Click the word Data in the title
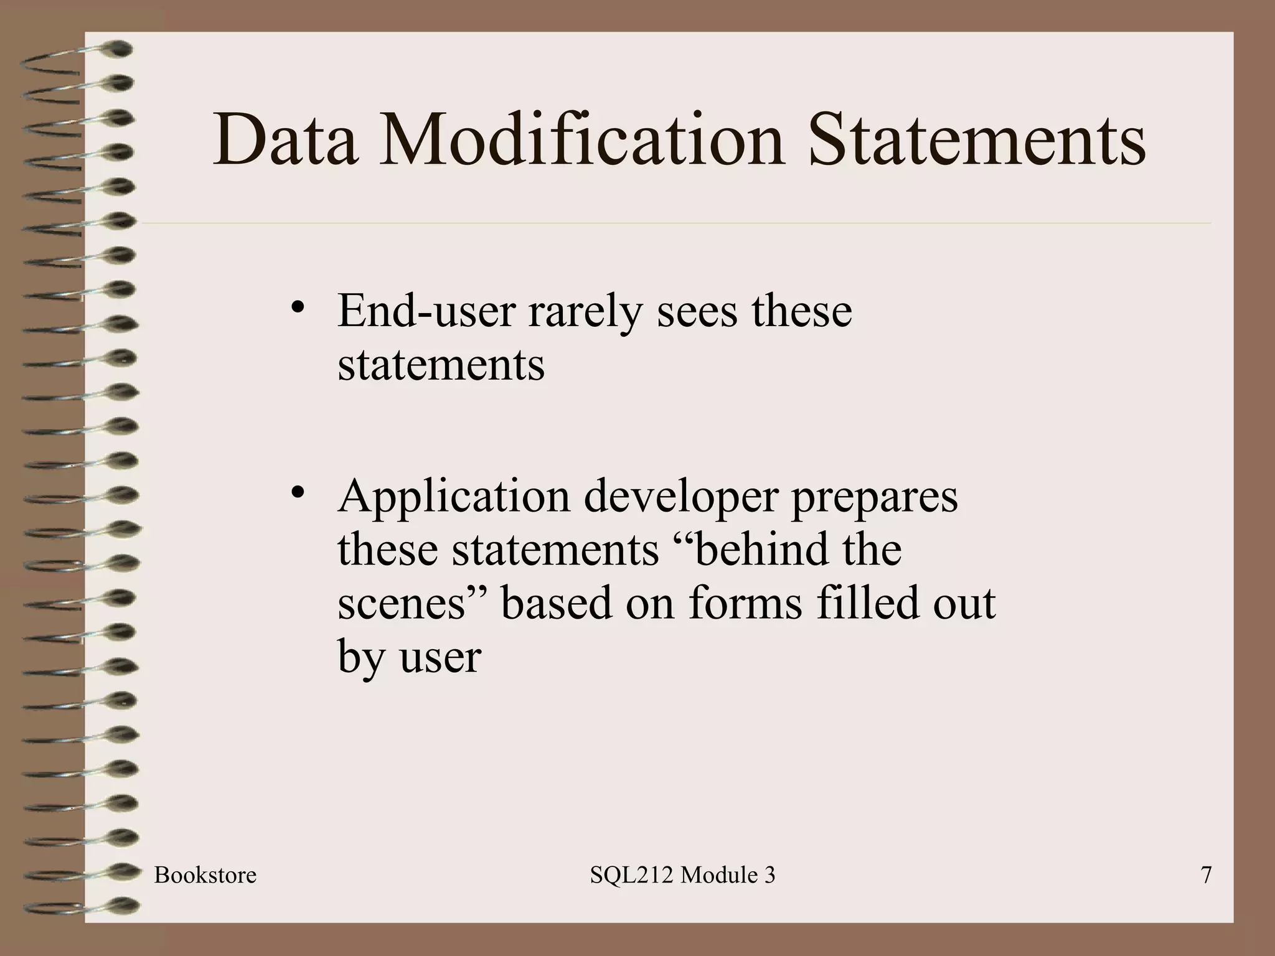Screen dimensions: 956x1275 point(286,140)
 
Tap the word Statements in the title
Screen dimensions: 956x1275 point(977,140)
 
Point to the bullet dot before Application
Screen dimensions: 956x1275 point(297,492)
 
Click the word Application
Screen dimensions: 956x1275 point(454,497)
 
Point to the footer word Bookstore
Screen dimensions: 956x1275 point(205,875)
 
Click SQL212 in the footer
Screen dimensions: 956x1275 point(631,875)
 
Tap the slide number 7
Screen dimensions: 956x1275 point(1206,875)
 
